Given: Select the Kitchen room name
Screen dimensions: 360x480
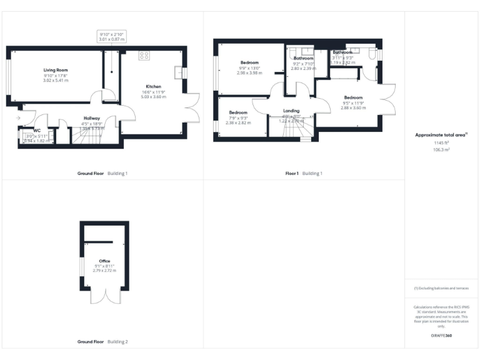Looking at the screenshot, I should click(x=154, y=86).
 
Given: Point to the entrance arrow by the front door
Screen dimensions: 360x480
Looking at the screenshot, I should click(x=18, y=117).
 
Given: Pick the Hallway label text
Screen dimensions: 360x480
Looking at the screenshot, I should click(x=92, y=117).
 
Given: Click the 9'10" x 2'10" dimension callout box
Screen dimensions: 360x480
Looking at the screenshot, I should click(x=112, y=36).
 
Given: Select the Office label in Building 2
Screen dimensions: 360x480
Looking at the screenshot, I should click(x=104, y=261).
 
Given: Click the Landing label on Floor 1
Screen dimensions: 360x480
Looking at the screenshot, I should click(x=292, y=111).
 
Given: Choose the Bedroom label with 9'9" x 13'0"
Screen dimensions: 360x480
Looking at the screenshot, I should click(x=250, y=63).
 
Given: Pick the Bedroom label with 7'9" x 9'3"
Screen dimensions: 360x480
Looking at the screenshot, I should click(x=237, y=112).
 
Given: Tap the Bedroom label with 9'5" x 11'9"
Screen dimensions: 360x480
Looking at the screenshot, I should click(x=353, y=97).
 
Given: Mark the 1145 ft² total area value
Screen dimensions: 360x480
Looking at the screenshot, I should click(x=442, y=144).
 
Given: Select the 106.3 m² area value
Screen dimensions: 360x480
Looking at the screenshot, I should click(x=442, y=150).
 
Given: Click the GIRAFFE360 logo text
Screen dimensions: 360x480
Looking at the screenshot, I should click(x=442, y=336).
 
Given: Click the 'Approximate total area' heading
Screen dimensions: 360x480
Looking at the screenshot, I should click(x=441, y=134).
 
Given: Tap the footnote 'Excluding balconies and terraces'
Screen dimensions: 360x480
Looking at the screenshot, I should click(x=441, y=287).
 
